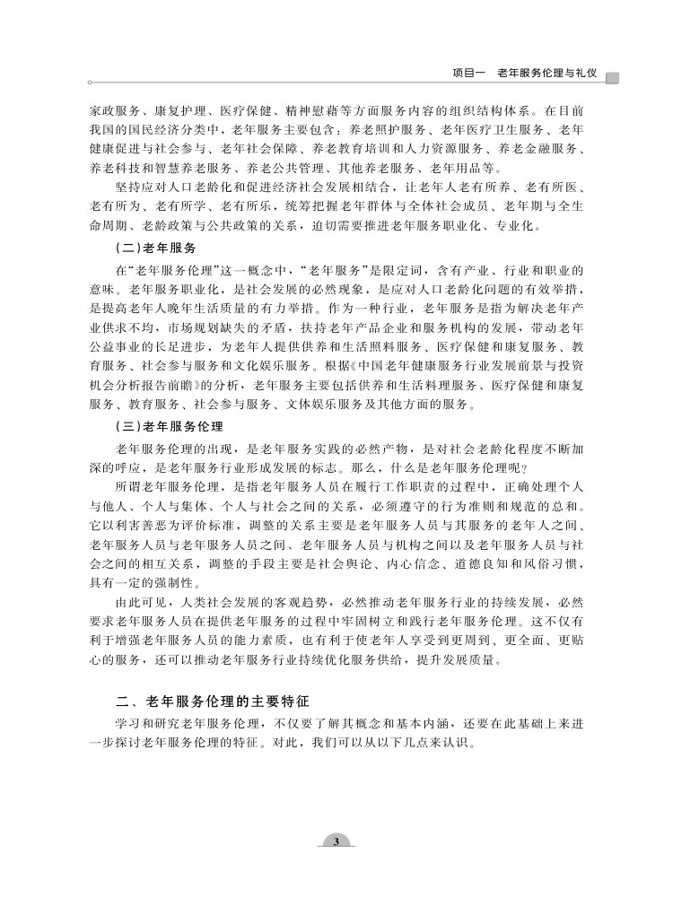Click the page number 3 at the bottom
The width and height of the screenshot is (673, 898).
point(336,841)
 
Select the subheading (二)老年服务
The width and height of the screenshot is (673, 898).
point(157,247)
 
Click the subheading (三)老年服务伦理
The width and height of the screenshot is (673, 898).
point(170,426)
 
